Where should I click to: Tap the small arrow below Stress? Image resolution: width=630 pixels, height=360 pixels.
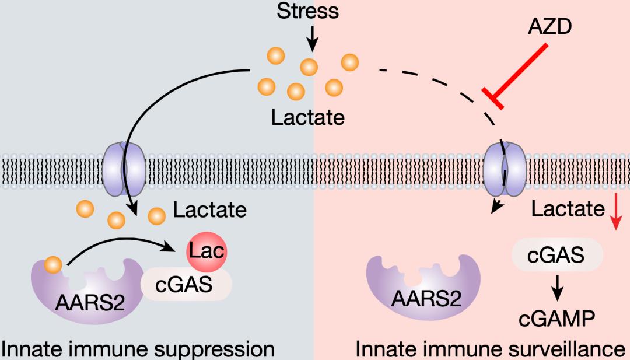tap(313, 38)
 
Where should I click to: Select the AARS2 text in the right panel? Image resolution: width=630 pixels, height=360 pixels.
tap(425, 299)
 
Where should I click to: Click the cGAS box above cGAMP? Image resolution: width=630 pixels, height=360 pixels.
tap(557, 255)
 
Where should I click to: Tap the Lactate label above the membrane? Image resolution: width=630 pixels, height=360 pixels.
tap(307, 118)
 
